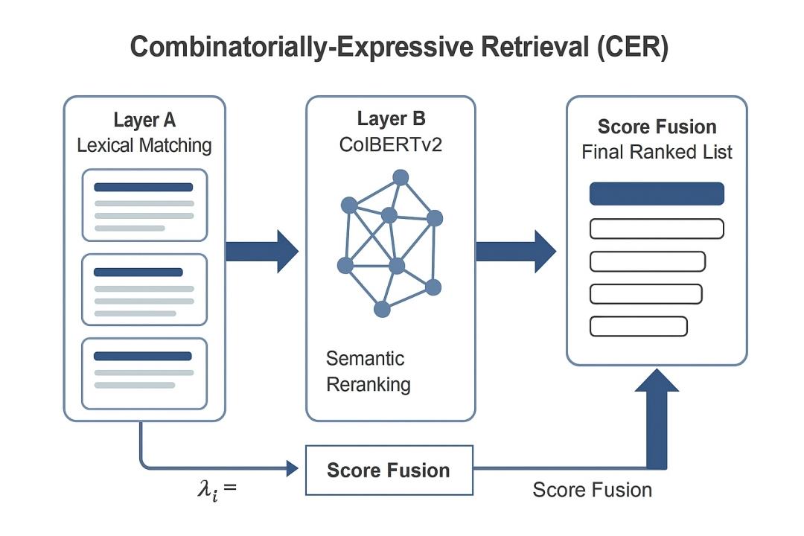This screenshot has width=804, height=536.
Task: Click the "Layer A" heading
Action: [144, 121]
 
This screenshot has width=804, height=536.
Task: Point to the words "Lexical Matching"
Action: [144, 145]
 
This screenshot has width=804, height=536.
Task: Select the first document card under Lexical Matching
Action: [144, 205]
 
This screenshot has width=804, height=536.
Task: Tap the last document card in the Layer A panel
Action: [144, 374]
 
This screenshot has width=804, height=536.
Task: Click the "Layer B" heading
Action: [392, 119]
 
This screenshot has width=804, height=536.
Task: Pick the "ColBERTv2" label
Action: [392, 144]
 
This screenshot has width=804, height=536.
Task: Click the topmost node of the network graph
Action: [401, 177]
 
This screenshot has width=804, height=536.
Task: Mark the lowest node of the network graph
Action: [382, 309]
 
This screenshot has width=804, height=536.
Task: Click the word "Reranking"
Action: [368, 385]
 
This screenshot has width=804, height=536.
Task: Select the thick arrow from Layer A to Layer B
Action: [261, 252]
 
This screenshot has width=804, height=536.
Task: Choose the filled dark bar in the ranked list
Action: [657, 194]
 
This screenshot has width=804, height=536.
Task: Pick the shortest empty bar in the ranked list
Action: [638, 326]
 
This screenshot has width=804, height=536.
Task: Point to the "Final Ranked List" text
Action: [657, 153]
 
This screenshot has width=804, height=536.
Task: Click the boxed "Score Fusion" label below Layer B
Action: [389, 470]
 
